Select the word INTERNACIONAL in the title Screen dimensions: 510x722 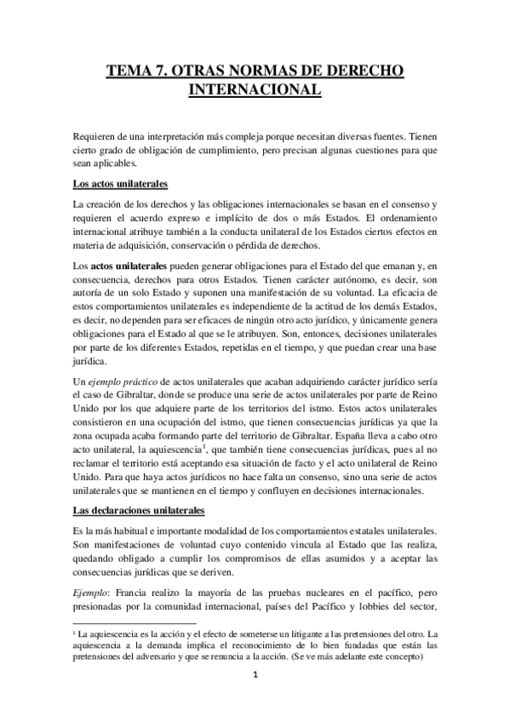[x=254, y=90]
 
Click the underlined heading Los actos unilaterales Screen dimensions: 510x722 [x=120, y=184]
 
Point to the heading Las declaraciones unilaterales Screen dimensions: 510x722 [x=140, y=511]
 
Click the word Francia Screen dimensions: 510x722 [x=139, y=593]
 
